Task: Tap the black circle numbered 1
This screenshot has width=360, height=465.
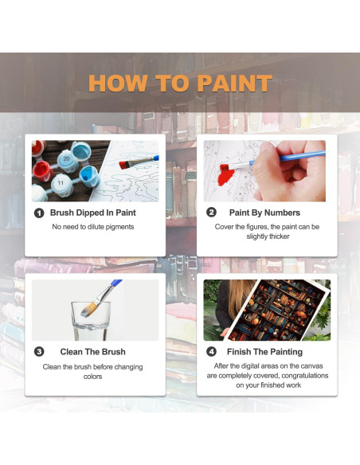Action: point(38,213)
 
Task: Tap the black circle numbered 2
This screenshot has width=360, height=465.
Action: point(211,213)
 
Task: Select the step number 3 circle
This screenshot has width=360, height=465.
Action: point(38,351)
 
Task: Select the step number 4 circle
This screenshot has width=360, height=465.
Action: point(211,351)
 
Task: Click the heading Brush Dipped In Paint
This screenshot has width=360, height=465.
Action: point(93,213)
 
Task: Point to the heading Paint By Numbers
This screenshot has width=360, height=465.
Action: point(264,213)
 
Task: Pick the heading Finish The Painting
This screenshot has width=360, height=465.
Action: point(265,351)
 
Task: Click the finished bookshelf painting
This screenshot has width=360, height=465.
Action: point(279,311)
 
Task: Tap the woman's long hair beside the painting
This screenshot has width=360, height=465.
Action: point(220,303)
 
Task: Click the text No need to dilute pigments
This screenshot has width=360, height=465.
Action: point(93,227)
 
